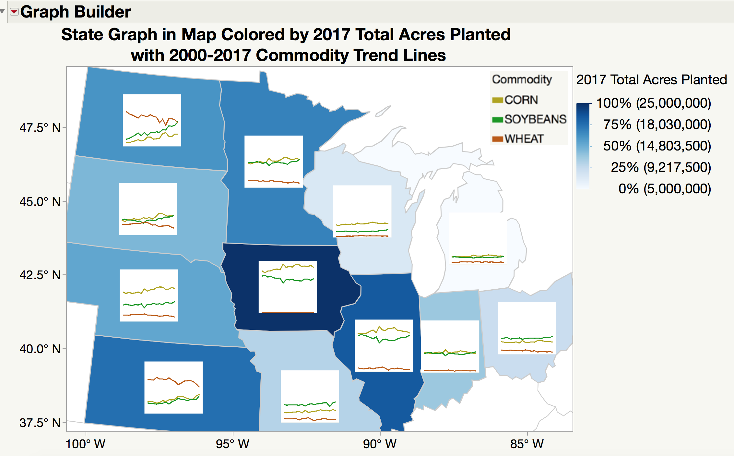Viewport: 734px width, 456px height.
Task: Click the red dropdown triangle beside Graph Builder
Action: click(x=14, y=12)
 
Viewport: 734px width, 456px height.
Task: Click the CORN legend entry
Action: click(x=521, y=100)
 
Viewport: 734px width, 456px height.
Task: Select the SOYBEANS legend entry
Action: click(x=535, y=119)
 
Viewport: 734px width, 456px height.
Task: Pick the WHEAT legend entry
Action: click(x=524, y=138)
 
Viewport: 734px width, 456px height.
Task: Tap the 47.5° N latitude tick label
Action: click(x=40, y=128)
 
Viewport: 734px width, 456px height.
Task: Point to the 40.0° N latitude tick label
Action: click(x=40, y=349)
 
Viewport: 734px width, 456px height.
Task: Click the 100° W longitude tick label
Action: click(x=86, y=444)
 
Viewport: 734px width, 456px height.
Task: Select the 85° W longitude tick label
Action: click(x=527, y=444)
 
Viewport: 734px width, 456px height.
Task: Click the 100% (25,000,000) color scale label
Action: click(x=653, y=103)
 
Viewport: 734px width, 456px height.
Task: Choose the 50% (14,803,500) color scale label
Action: click(x=657, y=146)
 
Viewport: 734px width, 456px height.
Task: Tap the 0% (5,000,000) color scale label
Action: click(x=664, y=189)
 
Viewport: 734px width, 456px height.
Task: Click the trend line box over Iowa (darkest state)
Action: click(x=288, y=287)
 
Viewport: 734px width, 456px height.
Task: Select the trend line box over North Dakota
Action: click(x=152, y=120)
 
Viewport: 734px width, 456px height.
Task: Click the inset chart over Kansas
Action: click(x=173, y=387)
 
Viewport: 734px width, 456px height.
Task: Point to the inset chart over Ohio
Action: click(x=527, y=328)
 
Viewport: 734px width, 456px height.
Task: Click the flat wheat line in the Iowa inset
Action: click(x=288, y=312)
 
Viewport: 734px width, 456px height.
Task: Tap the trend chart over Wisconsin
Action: click(x=362, y=211)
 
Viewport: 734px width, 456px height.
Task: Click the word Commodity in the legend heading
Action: click(x=522, y=79)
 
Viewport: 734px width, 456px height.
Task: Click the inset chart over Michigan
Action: click(x=478, y=238)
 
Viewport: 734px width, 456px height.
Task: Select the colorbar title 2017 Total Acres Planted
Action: click(x=651, y=80)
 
